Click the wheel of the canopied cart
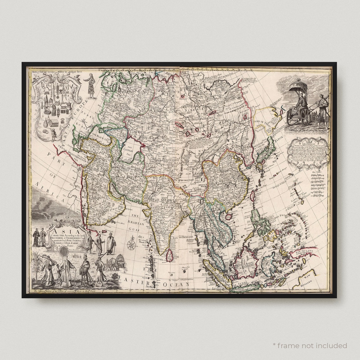[x=305, y=117]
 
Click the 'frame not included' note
[x=310, y=345]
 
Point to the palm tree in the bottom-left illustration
[x=38, y=265]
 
